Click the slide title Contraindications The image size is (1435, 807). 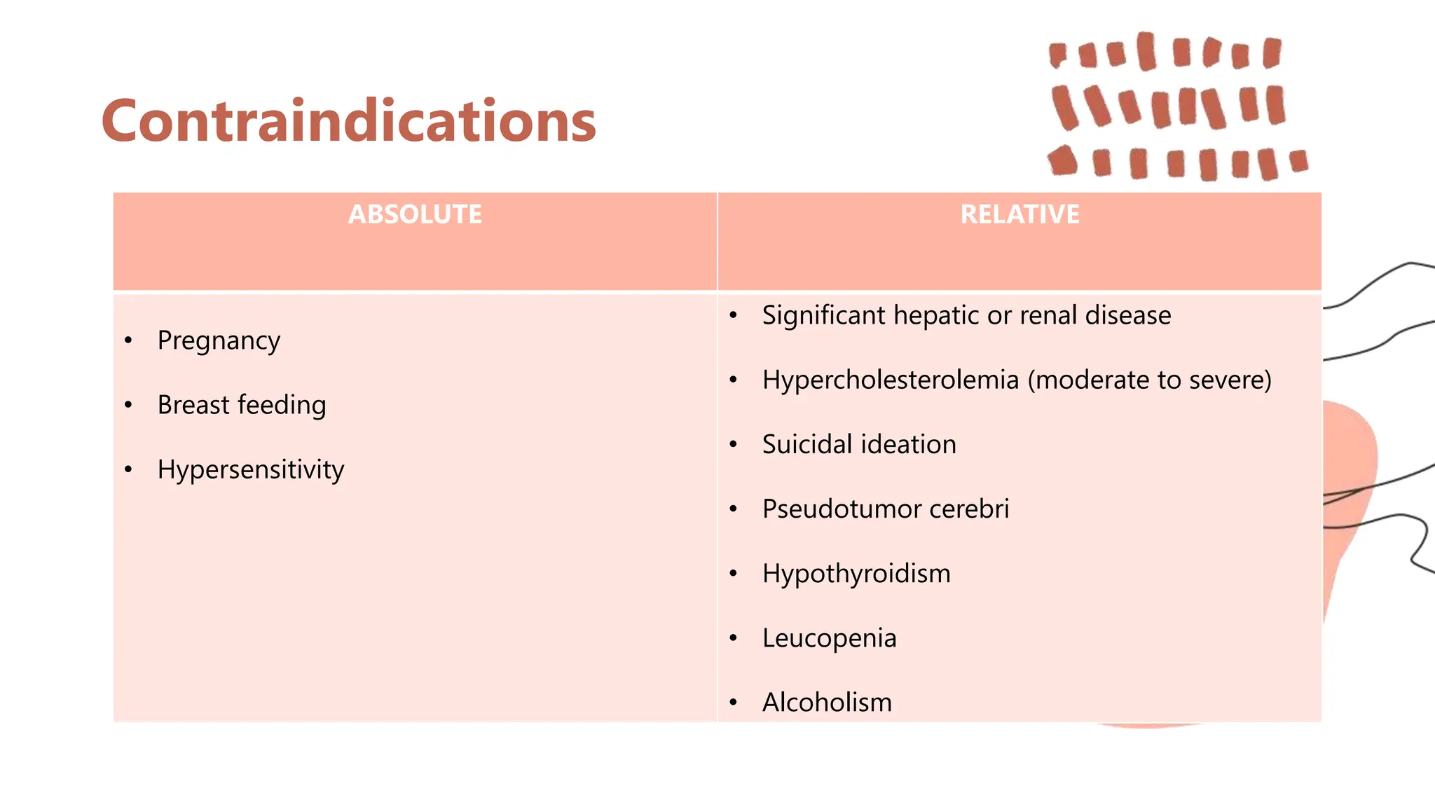pos(348,121)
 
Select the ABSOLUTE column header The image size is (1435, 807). pos(415,214)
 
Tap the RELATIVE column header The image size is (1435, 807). pos(1019,214)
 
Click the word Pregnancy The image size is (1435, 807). pos(219,341)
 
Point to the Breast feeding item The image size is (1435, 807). pos(242,405)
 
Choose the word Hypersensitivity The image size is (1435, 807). pos(251,470)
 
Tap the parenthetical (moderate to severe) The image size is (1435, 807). pos(1149,380)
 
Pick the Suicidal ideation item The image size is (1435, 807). pos(859,445)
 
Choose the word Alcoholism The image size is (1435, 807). pos(827,703)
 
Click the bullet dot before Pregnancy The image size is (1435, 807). pos(128,341)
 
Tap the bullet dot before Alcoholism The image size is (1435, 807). pos(733,703)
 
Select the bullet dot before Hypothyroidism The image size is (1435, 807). pos(733,574)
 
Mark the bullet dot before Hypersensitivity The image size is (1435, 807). pos(128,470)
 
